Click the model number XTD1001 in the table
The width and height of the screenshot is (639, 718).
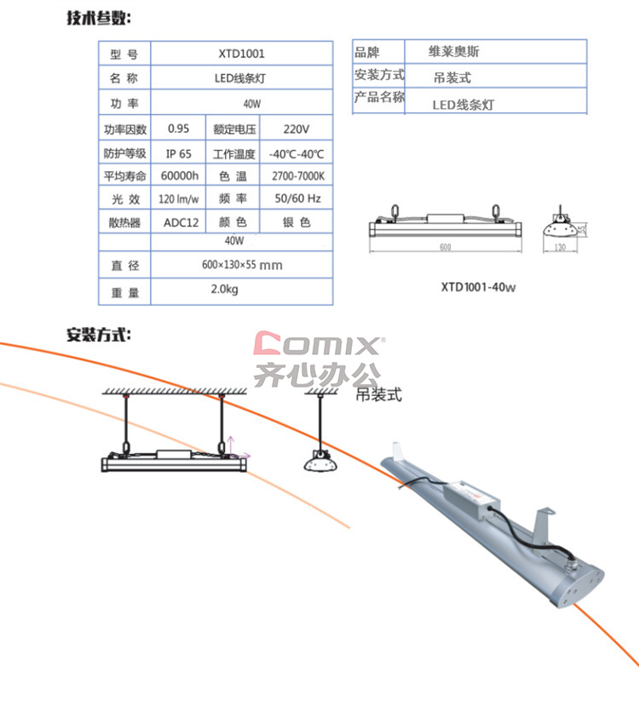point(241,54)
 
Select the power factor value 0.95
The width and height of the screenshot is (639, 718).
point(178,129)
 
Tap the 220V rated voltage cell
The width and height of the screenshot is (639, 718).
point(296,129)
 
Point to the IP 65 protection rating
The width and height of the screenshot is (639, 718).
point(179,154)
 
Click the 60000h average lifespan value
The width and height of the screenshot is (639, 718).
point(180,175)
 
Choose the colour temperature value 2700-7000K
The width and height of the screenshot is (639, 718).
point(298,175)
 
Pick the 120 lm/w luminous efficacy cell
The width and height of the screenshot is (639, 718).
point(179,199)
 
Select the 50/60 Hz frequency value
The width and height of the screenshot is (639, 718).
point(297,198)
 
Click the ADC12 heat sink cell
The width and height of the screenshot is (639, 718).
point(181,222)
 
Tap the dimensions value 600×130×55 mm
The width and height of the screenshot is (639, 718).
point(242,265)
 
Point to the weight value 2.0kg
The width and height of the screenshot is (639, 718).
point(224,289)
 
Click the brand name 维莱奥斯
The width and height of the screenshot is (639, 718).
point(454,51)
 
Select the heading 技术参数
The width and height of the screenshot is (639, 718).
point(99,18)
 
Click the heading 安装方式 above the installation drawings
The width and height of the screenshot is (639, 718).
point(99,335)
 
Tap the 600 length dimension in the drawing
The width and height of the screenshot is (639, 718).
point(446,247)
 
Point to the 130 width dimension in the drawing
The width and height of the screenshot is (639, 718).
point(561,247)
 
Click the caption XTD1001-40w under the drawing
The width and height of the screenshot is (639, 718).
point(478,287)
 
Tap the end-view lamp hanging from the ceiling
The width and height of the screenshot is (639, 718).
point(320,462)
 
